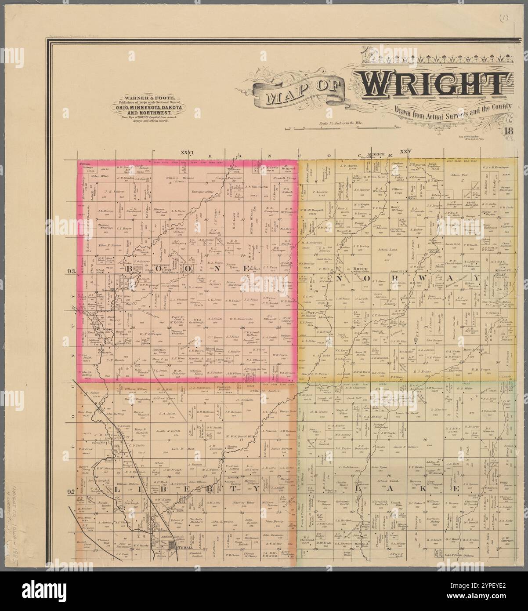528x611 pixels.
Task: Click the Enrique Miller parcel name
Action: coord(203,193)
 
